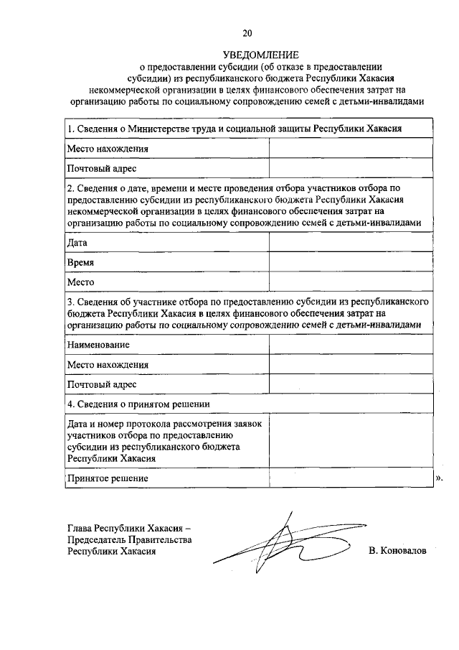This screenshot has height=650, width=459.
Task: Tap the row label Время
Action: point(81,263)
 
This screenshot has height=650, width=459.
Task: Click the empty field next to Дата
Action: point(351,243)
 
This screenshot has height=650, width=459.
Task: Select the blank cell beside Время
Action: point(351,263)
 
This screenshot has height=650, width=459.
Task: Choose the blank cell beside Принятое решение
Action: point(351,478)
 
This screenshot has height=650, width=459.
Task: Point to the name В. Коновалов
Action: point(397,552)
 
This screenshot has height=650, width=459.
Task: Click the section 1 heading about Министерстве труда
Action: point(233,129)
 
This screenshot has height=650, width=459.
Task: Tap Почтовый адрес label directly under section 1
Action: point(102,169)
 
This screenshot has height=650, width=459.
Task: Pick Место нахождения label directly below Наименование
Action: point(108,364)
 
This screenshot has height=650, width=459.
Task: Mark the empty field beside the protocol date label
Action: point(351,441)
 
